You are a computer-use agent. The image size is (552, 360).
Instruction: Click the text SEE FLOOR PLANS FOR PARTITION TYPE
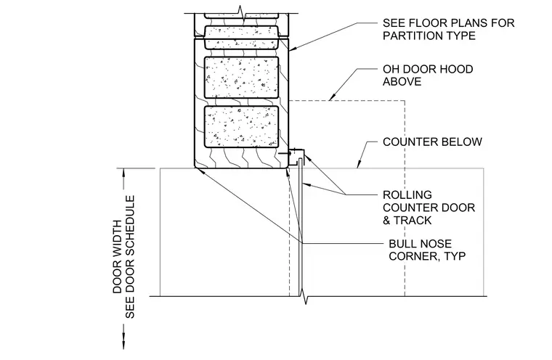coord(449,29)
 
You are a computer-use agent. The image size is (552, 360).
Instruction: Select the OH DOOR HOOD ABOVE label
coord(428,75)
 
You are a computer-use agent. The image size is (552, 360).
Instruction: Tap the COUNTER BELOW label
coord(432,142)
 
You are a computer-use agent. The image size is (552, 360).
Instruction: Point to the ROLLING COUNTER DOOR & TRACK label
coord(429,208)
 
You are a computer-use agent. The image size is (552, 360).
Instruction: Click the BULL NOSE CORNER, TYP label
coord(427,250)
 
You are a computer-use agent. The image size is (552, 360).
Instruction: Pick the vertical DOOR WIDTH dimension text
coord(118,257)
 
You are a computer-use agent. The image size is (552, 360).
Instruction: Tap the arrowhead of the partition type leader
coord(292,49)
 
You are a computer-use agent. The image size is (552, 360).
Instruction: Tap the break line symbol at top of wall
coord(241,13)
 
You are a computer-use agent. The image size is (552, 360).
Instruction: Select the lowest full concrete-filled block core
coord(241,127)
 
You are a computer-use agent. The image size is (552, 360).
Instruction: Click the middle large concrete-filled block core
coord(241,78)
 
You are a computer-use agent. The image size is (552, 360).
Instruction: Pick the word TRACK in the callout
coord(413,221)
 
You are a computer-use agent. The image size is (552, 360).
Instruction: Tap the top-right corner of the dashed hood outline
coord(405,101)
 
